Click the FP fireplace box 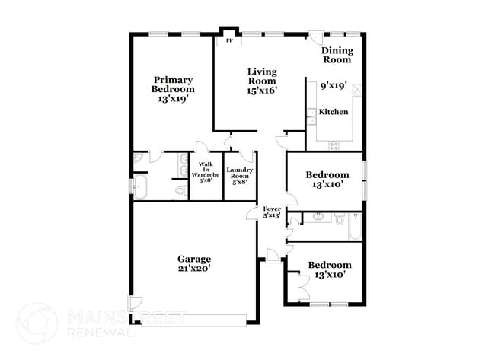pyautogui.click(x=228, y=40)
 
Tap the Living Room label pyautogui.click(x=261, y=81)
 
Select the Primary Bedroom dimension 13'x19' pyautogui.click(x=172, y=98)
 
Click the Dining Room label pyautogui.click(x=337, y=55)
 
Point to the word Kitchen pyautogui.click(x=333, y=112)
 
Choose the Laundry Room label pyautogui.click(x=238, y=175)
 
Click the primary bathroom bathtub pyautogui.click(x=141, y=185)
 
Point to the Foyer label pyautogui.click(x=272, y=212)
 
